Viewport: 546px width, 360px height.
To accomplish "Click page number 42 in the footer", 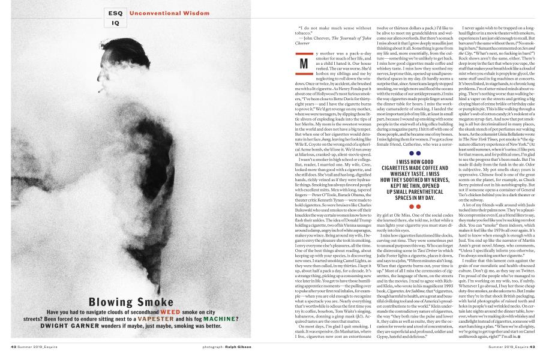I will pos(13,347).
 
